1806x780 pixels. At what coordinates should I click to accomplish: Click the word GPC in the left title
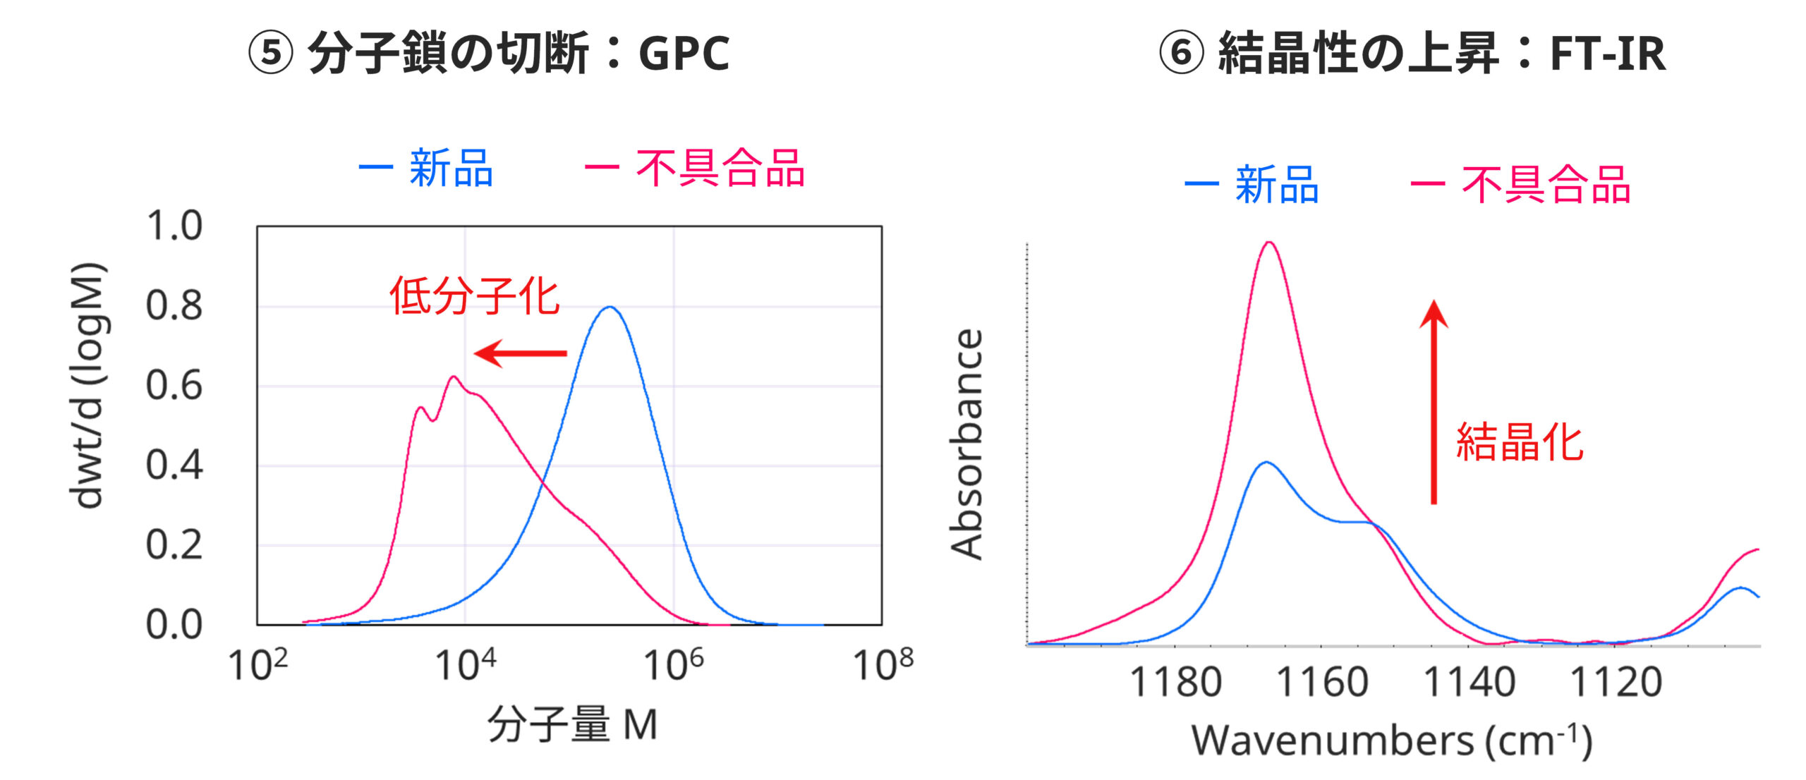[684, 54]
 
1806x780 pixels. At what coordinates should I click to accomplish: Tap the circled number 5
[270, 54]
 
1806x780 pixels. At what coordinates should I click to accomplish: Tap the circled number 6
[1181, 54]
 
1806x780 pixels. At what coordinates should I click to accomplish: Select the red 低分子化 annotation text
[475, 296]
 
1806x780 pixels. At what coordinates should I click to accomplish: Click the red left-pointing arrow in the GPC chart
[521, 353]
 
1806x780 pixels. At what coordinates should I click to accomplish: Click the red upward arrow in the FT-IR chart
[1434, 402]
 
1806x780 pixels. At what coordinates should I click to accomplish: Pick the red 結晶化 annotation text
[1520, 443]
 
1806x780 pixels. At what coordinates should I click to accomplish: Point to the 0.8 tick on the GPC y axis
[174, 306]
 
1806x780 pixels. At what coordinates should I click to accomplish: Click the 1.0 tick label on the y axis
[174, 226]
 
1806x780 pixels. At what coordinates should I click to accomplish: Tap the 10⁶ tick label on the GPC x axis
[674, 664]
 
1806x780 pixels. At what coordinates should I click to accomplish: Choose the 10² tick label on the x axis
[258, 664]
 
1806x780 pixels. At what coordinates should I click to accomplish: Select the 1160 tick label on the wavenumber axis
[1322, 683]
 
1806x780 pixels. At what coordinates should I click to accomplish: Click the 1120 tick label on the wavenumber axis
[1616, 683]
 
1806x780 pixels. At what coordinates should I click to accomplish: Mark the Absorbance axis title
[967, 444]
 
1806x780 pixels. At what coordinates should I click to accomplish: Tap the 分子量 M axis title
[572, 725]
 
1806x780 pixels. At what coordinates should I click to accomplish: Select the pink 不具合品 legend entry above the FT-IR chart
[1545, 185]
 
